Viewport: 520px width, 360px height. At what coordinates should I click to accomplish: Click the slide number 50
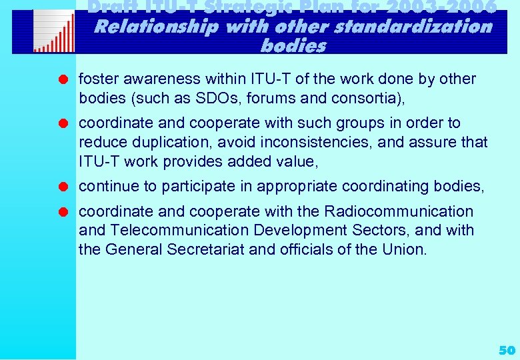(507, 350)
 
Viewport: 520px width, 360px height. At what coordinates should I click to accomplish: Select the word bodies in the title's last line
(293, 46)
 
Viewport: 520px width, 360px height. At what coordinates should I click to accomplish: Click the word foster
(96, 79)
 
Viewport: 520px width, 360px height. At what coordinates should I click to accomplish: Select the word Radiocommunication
(398, 212)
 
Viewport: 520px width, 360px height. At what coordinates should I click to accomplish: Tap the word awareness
(152, 79)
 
